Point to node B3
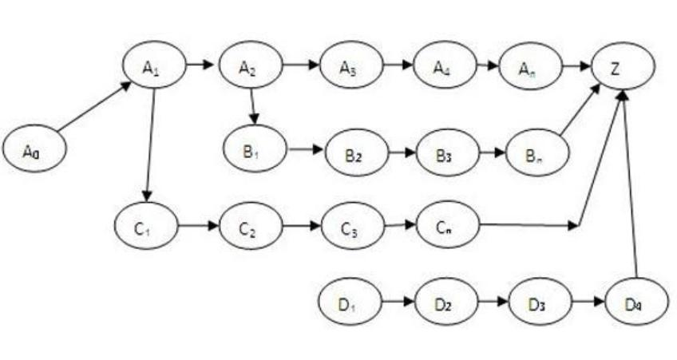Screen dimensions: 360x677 tap(445, 152)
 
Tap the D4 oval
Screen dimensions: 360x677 tap(636, 303)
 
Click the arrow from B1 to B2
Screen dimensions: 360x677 tap(306, 149)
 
